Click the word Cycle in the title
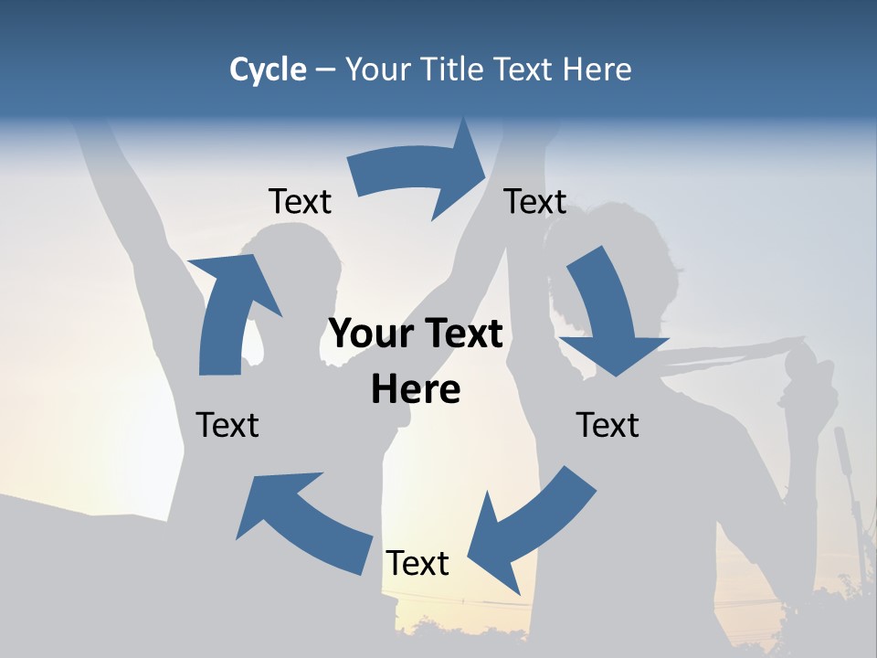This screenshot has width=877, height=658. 268,69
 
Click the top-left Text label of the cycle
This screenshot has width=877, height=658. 300,202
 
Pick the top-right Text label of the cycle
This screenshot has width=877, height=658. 535,202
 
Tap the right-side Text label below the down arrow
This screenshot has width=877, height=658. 608,425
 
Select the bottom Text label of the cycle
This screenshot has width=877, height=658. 417,564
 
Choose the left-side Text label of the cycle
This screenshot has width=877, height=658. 227,425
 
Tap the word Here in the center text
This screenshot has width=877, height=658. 416,389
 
